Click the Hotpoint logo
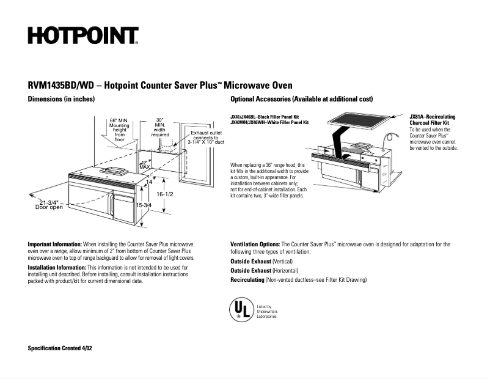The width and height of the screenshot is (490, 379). click(x=82, y=36)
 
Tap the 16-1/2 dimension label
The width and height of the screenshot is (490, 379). click(x=165, y=194)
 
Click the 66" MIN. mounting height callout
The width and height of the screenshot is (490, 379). click(x=119, y=130)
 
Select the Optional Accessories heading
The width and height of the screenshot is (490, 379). click(x=301, y=99)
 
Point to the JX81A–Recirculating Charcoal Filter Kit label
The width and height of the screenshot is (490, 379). click(x=432, y=119)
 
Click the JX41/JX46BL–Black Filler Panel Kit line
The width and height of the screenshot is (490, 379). click(x=265, y=116)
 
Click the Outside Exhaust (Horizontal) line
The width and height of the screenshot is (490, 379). click(x=264, y=270)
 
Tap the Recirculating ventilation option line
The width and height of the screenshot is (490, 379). click(x=298, y=280)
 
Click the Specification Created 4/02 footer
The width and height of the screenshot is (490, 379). click(x=60, y=347)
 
